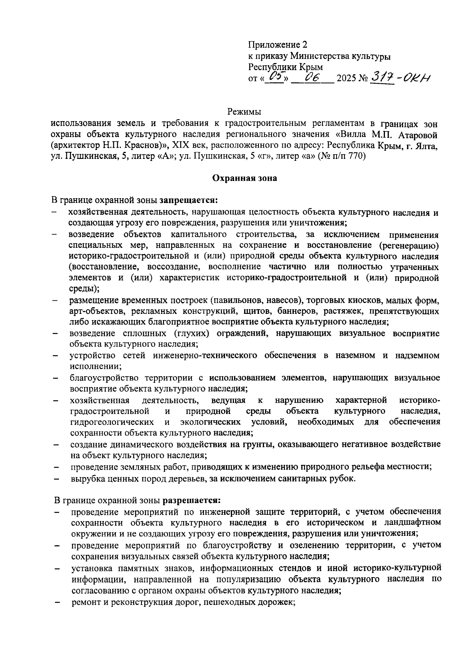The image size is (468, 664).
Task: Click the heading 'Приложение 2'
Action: pyautogui.click(x=275, y=44)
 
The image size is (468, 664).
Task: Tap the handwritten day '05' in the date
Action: pyautogui.click(x=275, y=77)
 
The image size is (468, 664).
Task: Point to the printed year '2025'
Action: pyautogui.click(x=346, y=79)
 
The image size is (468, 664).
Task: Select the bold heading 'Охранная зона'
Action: pyautogui.click(x=244, y=178)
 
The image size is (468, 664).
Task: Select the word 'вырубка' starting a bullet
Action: pyautogui.click(x=85, y=479)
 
